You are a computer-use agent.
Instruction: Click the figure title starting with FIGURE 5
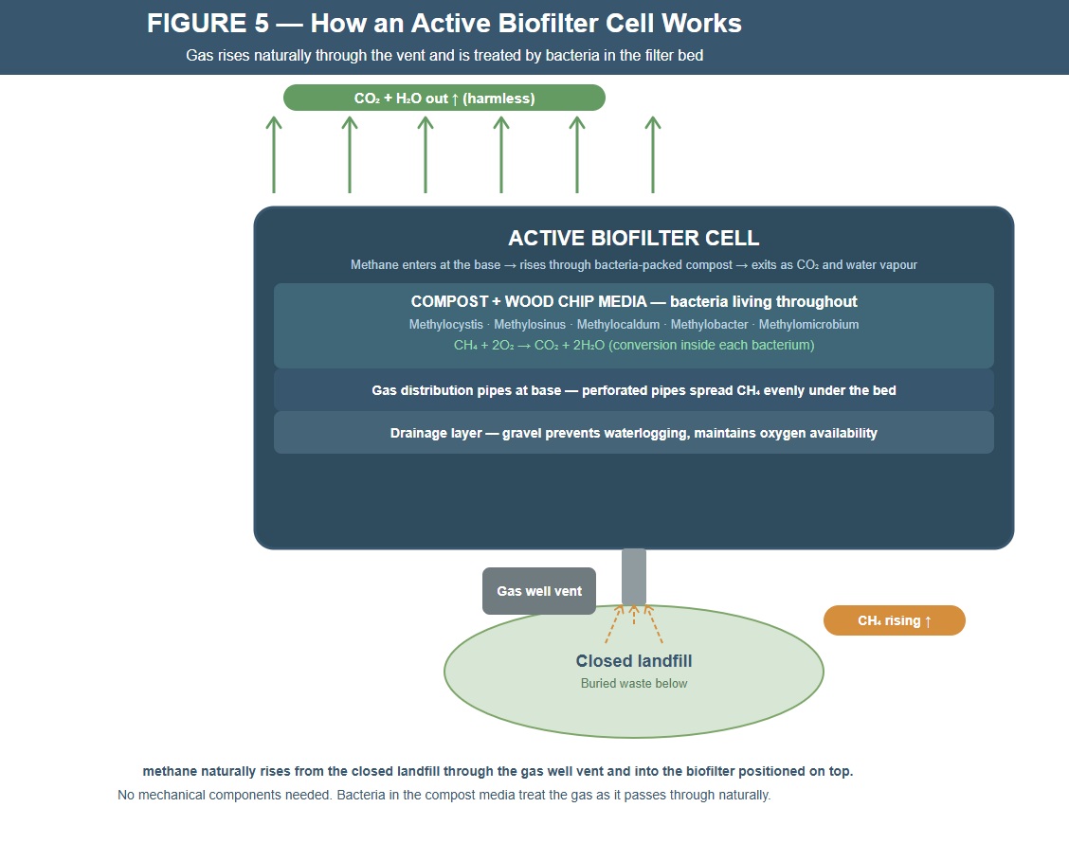point(444,24)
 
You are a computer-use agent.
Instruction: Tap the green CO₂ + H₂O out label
point(444,98)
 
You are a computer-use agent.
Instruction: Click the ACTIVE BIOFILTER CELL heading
point(633,238)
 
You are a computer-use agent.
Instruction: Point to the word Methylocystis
point(445,325)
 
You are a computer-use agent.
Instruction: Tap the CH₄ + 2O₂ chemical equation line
point(633,345)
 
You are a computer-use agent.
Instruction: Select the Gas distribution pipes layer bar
point(633,390)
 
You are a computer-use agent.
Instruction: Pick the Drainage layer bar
point(633,433)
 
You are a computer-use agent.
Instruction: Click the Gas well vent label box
point(538,591)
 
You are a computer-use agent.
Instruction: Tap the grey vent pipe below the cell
point(634,576)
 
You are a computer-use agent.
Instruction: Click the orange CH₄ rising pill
point(894,620)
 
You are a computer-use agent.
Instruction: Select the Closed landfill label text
point(633,661)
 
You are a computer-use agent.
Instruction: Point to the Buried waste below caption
point(633,683)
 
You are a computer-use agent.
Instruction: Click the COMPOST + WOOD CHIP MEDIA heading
point(633,302)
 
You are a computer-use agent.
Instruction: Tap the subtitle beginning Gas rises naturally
point(444,56)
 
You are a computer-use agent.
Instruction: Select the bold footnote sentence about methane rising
point(498,771)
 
